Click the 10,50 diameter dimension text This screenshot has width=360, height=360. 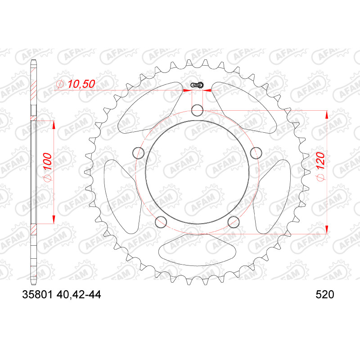pos(81,84)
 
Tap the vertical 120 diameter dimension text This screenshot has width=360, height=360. pos(321,161)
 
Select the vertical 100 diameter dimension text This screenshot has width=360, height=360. pos(47,162)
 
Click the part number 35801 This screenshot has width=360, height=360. pos(38,295)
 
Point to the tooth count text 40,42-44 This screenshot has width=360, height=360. pos(78,295)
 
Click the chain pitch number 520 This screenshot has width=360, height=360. pos(324,295)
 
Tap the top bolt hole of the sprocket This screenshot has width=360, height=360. pos(197,110)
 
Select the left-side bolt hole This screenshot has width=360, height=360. pos(139,153)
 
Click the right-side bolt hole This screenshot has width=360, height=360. pos(256,153)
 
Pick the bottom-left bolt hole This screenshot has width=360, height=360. pos(161,222)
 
